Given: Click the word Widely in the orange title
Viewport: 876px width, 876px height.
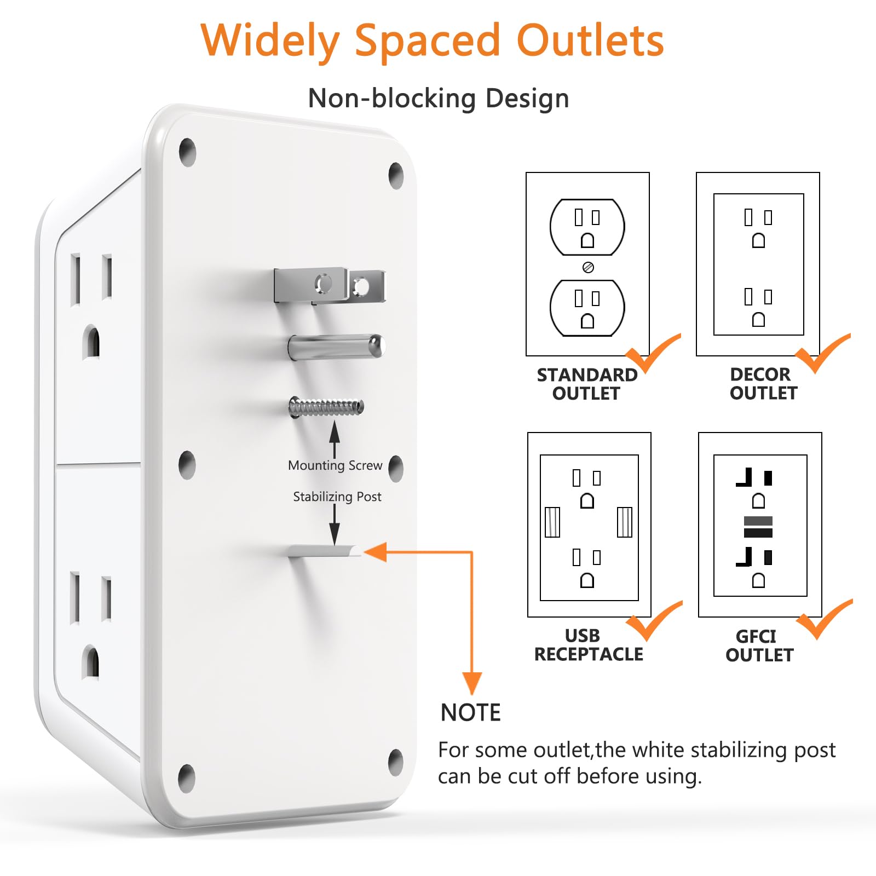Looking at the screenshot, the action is pos(270,42).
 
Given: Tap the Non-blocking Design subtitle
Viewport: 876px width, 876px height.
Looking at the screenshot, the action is pos(439,99).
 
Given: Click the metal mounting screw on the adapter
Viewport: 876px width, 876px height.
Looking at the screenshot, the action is pos(326,407).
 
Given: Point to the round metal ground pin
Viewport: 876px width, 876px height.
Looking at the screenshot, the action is pos(337,347).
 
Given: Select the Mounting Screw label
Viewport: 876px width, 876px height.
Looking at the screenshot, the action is pos(335,465).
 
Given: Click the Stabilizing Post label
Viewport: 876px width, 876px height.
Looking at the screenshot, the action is pos(337,497).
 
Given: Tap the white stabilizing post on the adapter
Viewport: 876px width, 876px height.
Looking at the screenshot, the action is pos(325,551).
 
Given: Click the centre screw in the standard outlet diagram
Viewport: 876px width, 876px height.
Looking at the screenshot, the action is pos(588,267).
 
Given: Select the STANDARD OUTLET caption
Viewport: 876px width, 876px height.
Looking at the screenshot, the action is pos(587,384).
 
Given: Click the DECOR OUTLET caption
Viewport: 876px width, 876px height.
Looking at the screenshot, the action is pos(763,383).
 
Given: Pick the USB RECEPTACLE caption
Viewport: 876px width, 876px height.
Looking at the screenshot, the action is pos(589,644).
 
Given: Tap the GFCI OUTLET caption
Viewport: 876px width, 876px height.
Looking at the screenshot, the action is pos(759,646).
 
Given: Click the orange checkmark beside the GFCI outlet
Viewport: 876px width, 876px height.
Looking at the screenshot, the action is pos(823,619).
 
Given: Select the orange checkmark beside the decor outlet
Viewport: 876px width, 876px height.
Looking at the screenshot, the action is pos(822,353).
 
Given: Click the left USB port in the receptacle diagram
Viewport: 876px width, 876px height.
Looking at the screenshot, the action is pos(552,522).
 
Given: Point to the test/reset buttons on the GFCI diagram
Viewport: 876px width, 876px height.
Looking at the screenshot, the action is pos(758,527).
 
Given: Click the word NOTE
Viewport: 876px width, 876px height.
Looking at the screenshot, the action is pos(471,713).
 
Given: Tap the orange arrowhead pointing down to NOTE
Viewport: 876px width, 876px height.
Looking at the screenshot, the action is pos(472,683).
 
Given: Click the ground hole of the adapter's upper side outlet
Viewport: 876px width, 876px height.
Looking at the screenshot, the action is pos(91,342).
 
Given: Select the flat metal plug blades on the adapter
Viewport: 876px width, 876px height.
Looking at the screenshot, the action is pos(330,285).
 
